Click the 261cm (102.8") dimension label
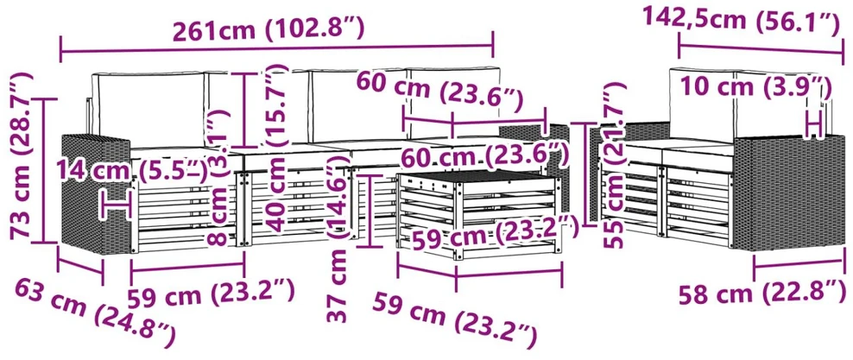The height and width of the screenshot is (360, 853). [269, 29]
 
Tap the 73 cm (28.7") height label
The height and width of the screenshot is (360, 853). [22, 155]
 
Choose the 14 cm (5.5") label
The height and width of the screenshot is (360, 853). [134, 172]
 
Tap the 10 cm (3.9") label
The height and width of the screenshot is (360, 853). [756, 87]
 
